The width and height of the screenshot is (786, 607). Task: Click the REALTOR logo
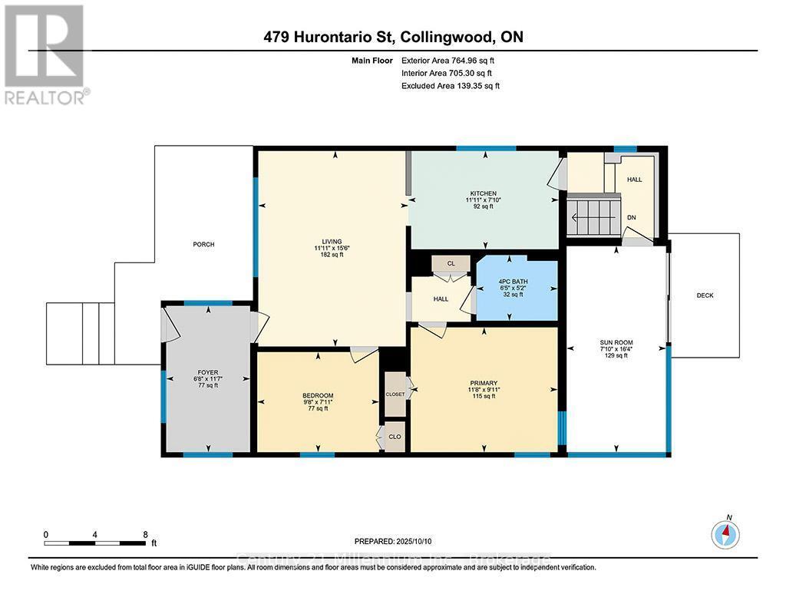point(45,54)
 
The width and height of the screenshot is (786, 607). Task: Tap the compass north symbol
point(725,533)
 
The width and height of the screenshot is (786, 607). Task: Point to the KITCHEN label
point(484,193)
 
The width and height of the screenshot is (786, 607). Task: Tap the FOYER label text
point(208,373)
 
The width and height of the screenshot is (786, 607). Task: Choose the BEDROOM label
point(317,396)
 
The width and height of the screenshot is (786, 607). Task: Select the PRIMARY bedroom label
point(484,384)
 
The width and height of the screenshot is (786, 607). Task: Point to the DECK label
point(705,295)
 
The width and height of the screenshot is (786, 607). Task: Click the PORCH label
point(203,245)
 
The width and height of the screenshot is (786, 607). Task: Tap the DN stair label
point(632,218)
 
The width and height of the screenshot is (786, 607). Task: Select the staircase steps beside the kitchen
point(593,218)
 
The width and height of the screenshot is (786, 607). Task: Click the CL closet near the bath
point(451,264)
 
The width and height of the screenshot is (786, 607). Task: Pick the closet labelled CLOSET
point(395,394)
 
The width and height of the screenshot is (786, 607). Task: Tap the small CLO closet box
point(395,436)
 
